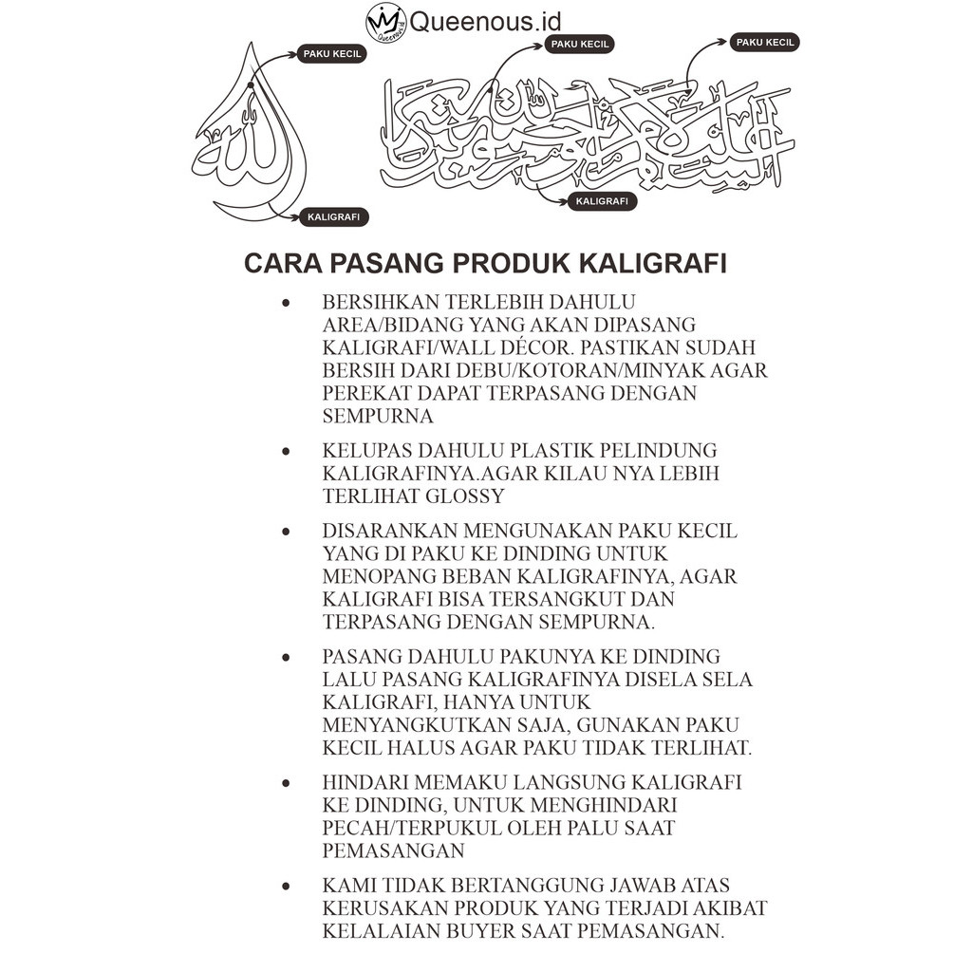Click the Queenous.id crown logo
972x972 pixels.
click(385, 22)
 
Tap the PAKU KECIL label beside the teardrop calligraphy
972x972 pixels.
click(332, 54)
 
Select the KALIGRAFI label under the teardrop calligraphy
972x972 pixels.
click(333, 217)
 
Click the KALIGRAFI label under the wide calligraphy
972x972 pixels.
click(602, 201)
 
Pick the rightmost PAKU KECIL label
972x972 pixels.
click(765, 42)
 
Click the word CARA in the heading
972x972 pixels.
click(276, 263)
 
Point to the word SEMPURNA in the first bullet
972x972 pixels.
click(378, 416)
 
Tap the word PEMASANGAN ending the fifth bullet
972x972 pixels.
click(393, 850)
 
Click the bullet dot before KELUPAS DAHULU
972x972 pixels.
click(286, 451)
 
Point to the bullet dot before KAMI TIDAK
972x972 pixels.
click(286, 886)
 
